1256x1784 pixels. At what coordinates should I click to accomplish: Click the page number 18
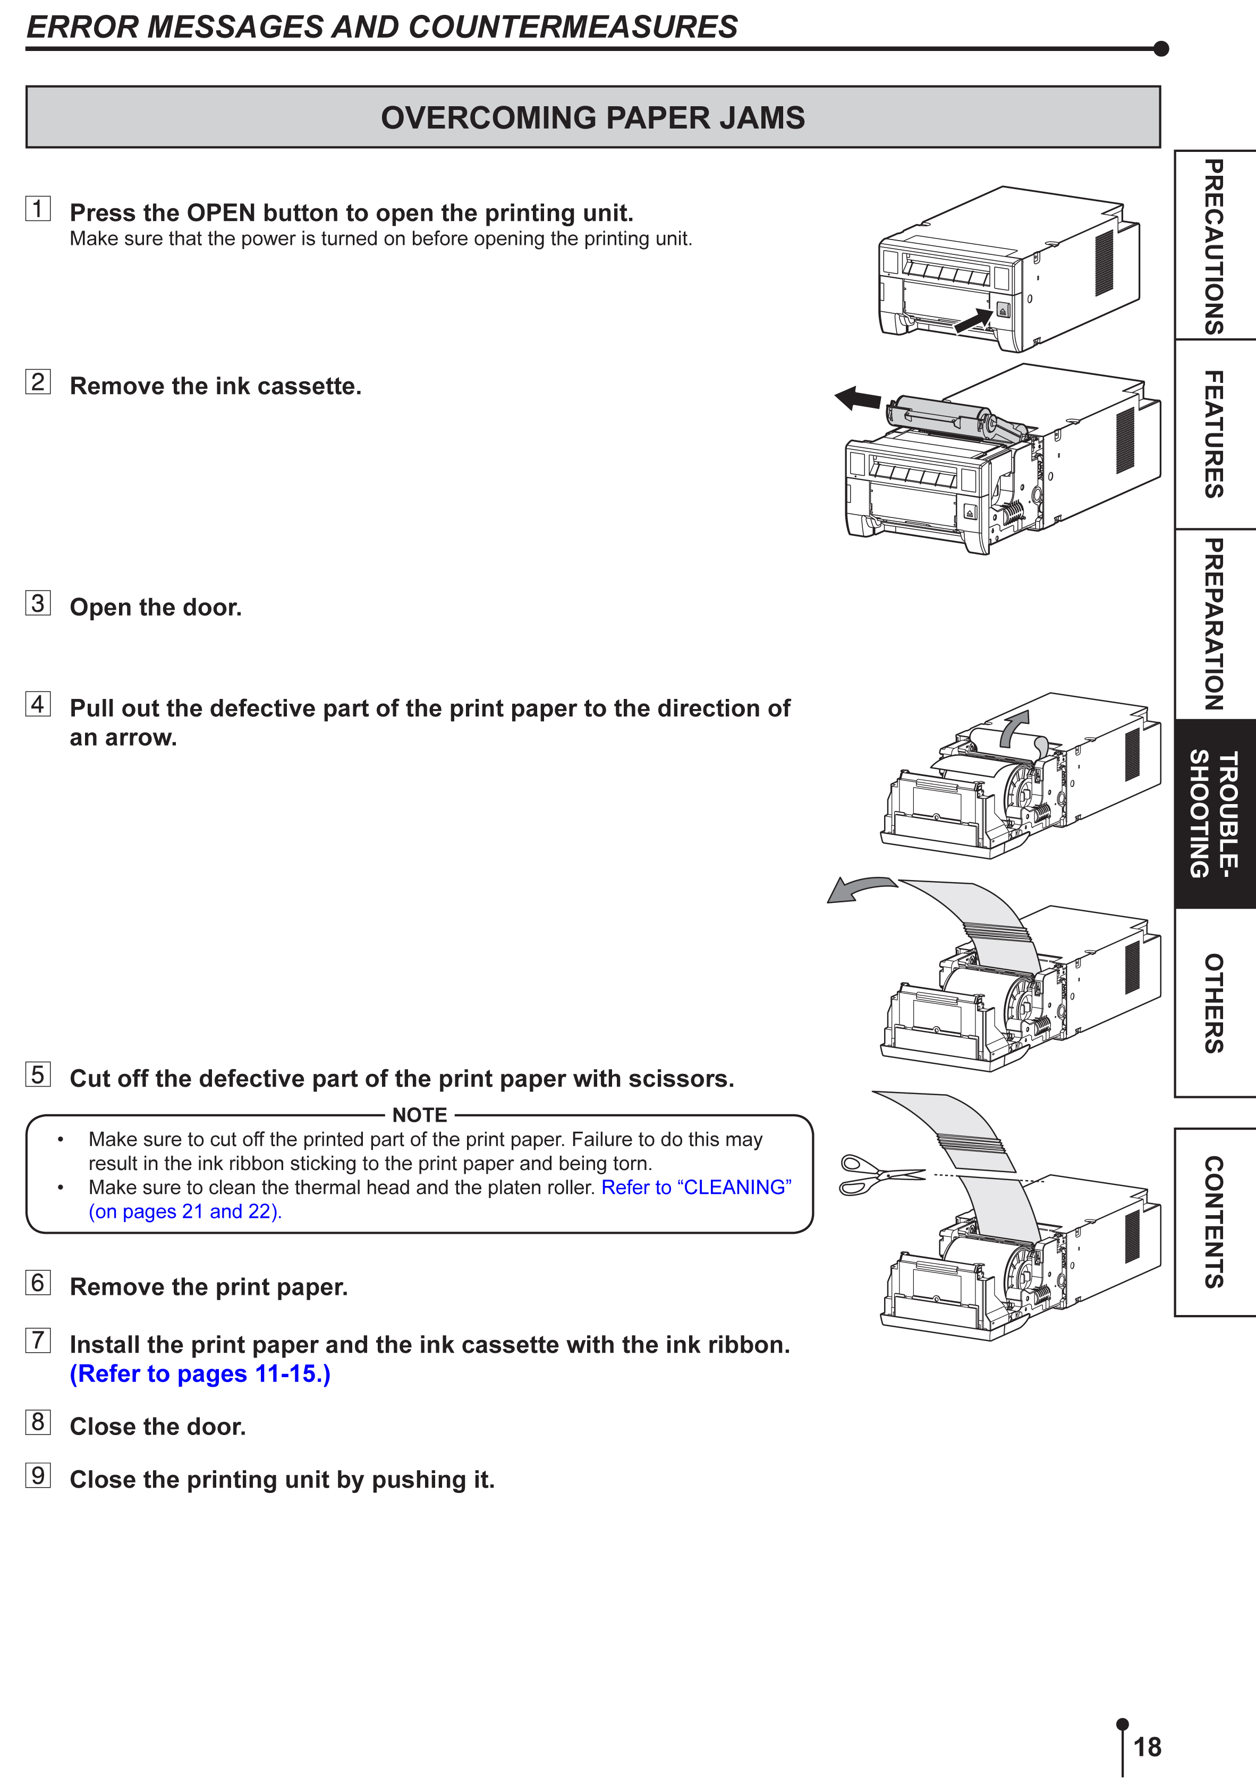[1147, 1747]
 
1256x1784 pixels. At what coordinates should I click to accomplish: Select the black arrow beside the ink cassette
[858, 399]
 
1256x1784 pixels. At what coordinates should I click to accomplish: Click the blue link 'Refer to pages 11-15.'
[200, 1374]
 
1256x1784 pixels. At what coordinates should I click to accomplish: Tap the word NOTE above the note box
[420, 1115]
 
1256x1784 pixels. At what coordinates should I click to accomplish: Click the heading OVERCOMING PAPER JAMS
[593, 117]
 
